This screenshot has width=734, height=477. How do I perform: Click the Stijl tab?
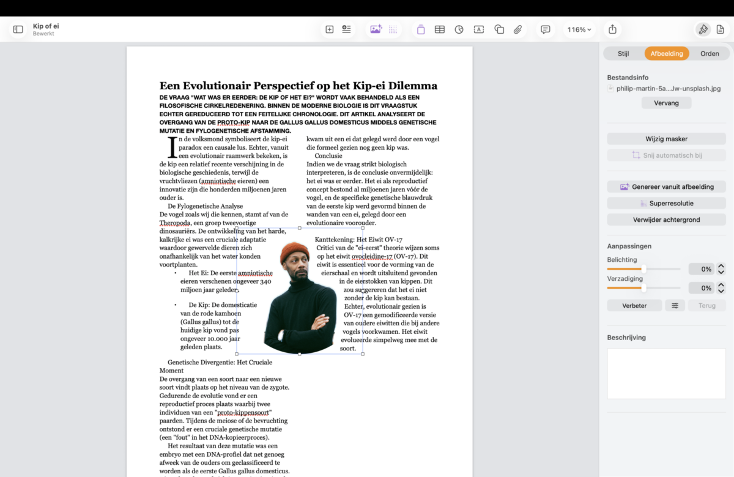[623, 53]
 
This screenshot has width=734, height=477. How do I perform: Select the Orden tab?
[710, 53]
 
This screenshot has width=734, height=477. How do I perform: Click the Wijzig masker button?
[666, 139]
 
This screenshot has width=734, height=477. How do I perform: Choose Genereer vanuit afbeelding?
[666, 187]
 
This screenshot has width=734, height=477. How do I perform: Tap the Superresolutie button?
[666, 203]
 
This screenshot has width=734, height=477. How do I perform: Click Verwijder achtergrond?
[666, 220]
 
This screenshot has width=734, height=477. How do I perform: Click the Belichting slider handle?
[643, 269]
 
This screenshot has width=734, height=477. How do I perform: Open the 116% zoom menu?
[579, 29]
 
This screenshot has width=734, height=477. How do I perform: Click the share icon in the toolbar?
[612, 29]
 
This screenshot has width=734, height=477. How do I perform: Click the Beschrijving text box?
[666, 374]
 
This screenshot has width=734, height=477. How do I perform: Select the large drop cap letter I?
[172, 147]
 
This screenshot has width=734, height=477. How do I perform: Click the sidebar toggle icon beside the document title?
[18, 29]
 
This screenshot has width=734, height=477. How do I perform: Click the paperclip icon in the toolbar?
[518, 29]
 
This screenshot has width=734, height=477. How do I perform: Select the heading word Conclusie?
[328, 156]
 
